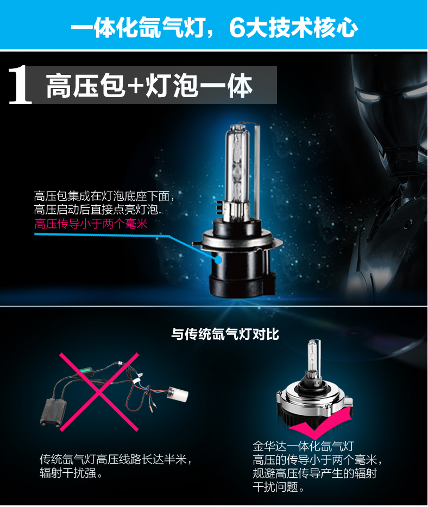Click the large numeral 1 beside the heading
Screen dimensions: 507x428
(x=20, y=86)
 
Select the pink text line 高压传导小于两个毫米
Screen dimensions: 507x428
(x=91, y=224)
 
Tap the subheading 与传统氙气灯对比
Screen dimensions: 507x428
(x=225, y=334)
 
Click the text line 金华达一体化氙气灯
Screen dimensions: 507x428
(x=304, y=446)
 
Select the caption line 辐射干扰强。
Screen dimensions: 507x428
(x=71, y=473)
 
